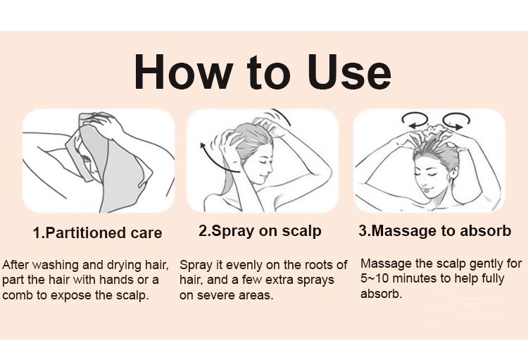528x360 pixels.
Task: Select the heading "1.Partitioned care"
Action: pyautogui.click(x=98, y=233)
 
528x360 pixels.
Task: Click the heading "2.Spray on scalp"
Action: pyautogui.click(x=260, y=231)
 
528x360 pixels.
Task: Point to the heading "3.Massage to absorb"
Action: pyautogui.click(x=435, y=231)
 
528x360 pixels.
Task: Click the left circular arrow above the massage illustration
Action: pyautogui.click(x=415, y=120)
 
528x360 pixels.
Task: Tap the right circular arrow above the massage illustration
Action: pyautogui.click(x=456, y=120)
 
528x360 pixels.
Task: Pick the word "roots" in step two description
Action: pyautogui.click(x=312, y=266)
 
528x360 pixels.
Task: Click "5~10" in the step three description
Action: pyautogui.click(x=375, y=279)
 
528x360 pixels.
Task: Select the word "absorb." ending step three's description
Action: pyautogui.click(x=381, y=294)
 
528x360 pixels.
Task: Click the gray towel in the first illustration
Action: pyautogui.click(x=111, y=168)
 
